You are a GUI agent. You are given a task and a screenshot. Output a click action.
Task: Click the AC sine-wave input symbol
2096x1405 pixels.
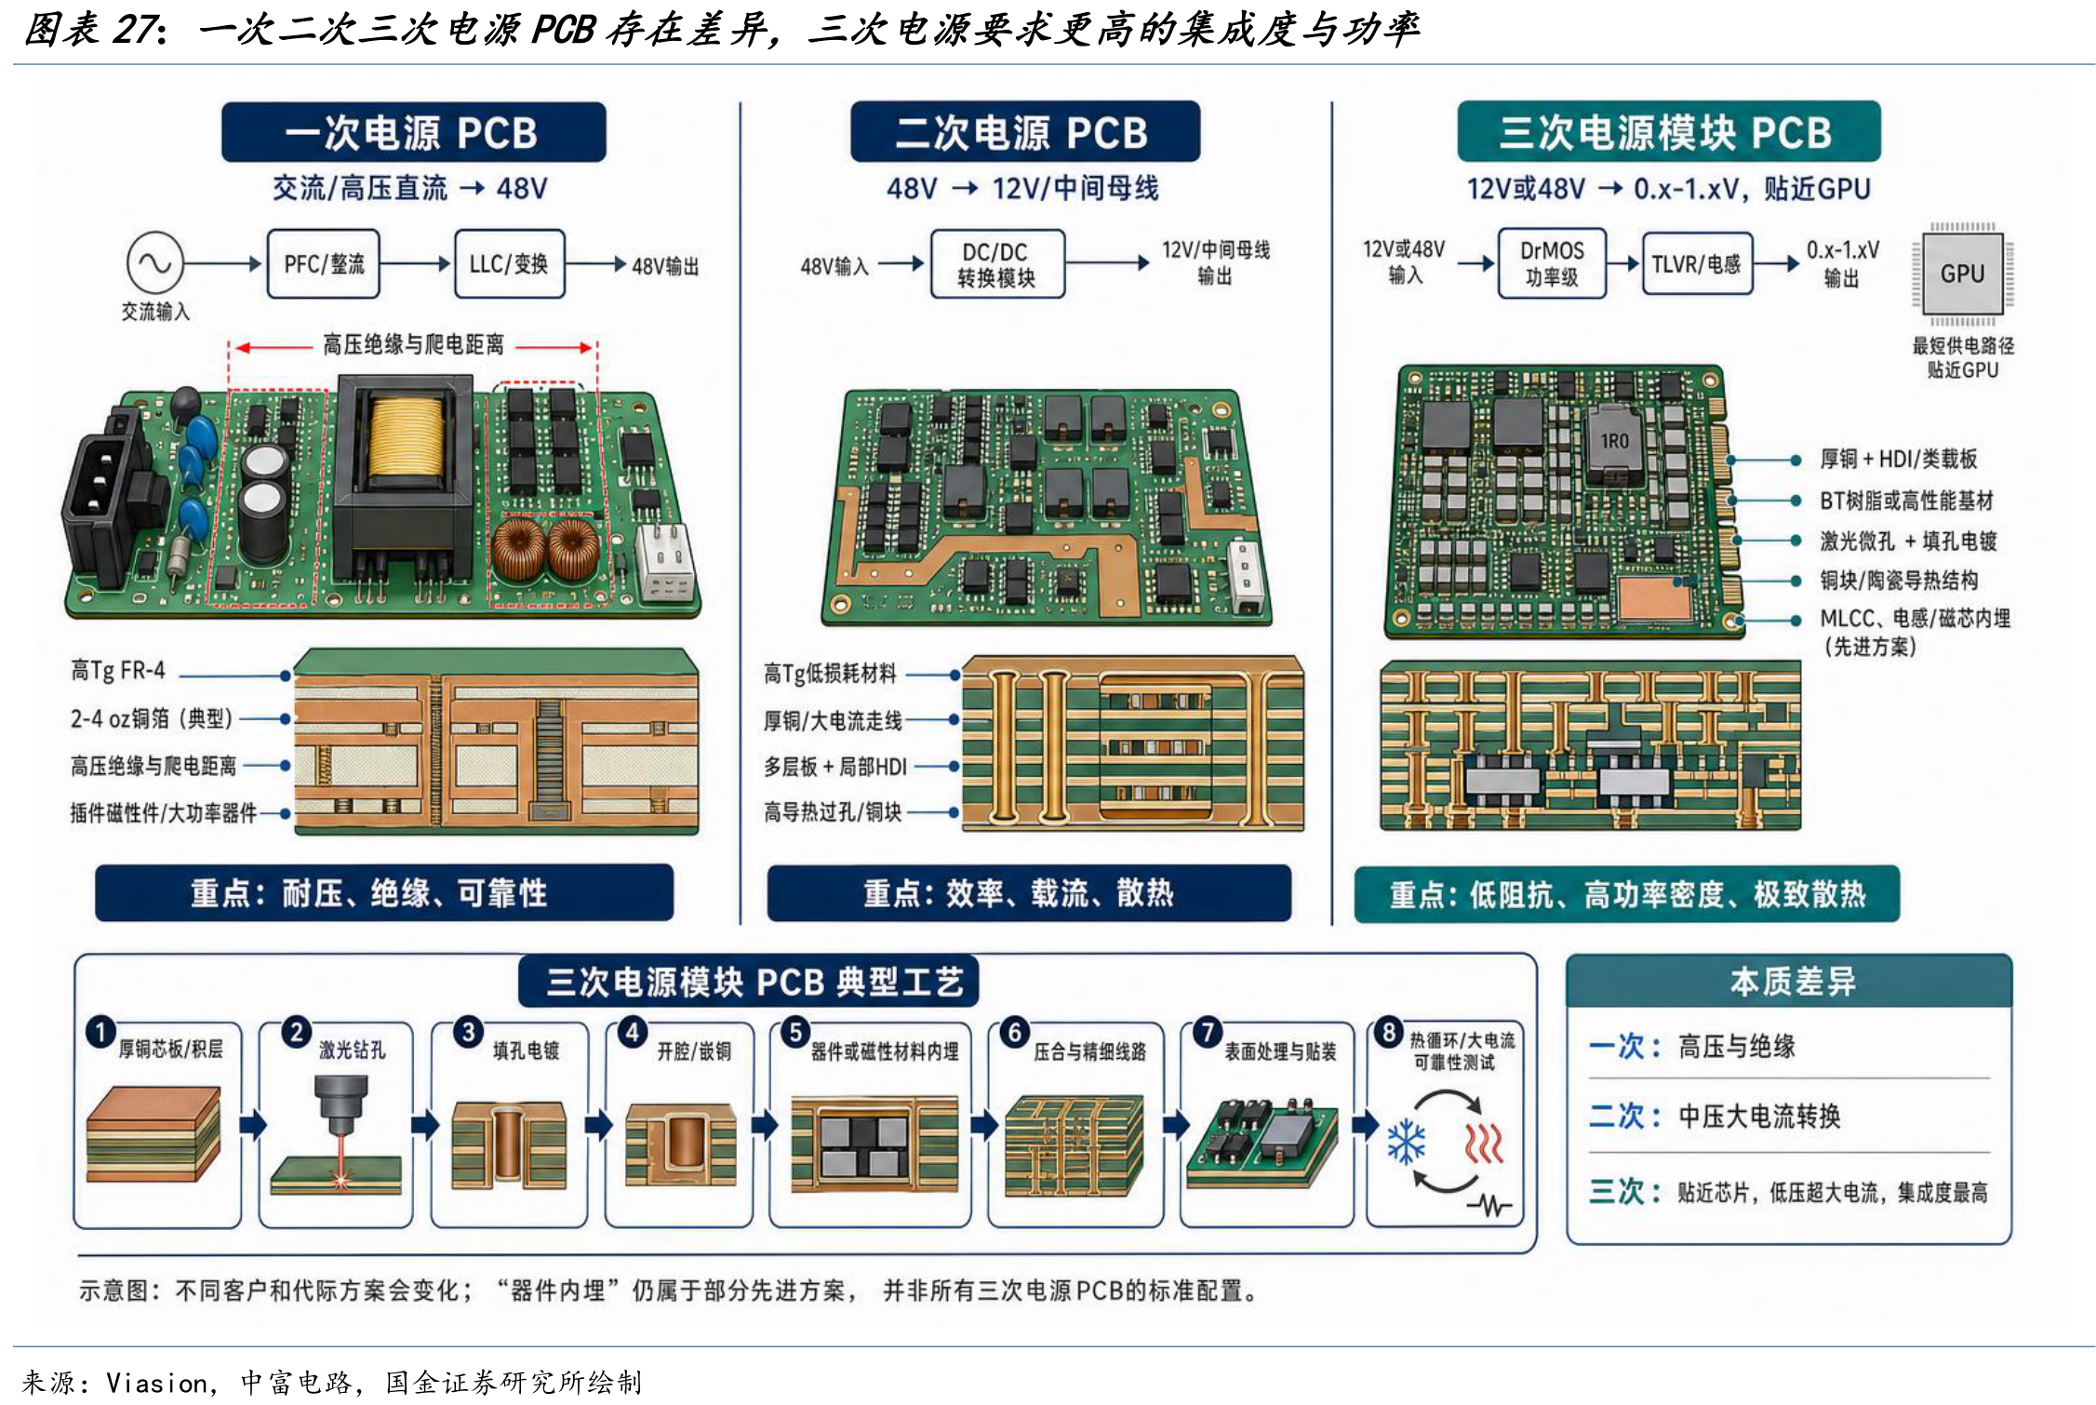point(154,263)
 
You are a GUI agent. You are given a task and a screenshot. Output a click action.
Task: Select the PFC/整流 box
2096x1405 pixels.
point(324,263)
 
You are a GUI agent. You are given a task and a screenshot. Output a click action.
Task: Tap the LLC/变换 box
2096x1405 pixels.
point(509,263)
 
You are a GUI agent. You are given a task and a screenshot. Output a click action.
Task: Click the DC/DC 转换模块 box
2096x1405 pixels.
point(997,264)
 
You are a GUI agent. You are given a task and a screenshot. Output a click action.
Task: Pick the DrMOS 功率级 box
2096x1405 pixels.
point(1552,263)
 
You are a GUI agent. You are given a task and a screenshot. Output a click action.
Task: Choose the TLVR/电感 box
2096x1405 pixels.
point(1697,264)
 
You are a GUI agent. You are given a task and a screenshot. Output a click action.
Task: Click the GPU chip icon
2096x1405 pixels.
point(1962,274)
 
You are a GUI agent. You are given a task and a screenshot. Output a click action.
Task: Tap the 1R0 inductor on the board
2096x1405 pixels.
point(1614,445)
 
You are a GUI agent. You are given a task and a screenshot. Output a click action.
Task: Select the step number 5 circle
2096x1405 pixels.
point(795,1033)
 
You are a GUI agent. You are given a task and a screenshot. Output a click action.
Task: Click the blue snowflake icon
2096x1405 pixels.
point(1406,1143)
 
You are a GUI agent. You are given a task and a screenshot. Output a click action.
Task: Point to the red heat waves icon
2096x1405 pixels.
point(1485,1143)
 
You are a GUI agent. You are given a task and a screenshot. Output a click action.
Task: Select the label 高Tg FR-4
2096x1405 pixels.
point(118,670)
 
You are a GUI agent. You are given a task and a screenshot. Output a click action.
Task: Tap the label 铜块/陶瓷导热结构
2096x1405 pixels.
point(1899,581)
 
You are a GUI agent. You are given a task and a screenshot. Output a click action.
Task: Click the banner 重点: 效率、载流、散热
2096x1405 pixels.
point(1029,893)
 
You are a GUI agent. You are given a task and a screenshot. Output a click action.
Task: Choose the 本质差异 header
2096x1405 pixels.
point(1792,982)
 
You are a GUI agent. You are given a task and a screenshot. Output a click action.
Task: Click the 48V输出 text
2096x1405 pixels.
point(665,267)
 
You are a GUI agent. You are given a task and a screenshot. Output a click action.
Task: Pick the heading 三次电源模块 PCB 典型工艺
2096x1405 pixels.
point(754,982)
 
